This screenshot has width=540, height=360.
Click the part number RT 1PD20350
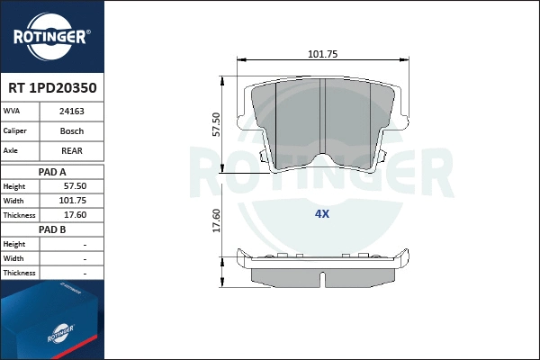[x=52, y=89]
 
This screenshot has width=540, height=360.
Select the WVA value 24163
[x=71, y=112]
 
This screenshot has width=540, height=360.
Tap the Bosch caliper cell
[x=71, y=131]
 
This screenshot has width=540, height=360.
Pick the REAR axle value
[x=71, y=150]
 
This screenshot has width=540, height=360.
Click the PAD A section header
[x=52, y=170]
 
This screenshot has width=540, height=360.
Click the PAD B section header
[x=52, y=229]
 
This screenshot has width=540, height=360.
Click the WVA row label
[x=13, y=112]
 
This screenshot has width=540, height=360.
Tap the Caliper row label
[x=16, y=131]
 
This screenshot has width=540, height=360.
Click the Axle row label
[x=12, y=150]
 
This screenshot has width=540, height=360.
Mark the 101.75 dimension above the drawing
[x=322, y=54]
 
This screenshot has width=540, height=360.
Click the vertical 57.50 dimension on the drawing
[x=215, y=123]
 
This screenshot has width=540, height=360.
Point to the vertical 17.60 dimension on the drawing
[x=215, y=220]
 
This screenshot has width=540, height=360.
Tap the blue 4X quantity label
[x=322, y=214]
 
